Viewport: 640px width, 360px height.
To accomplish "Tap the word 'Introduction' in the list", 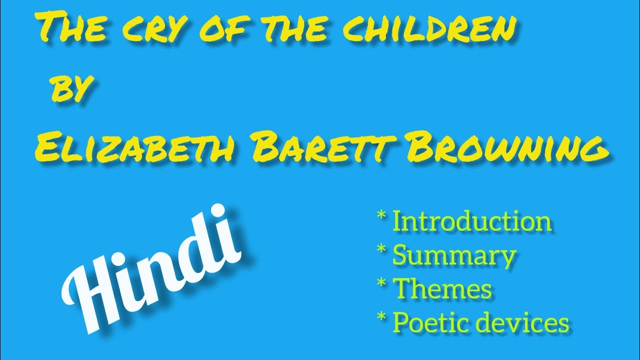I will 472,221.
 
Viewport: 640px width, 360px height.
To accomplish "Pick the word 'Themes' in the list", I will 442,289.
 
